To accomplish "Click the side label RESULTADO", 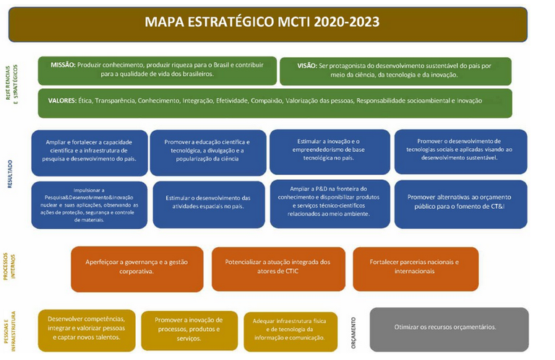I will click(x=11, y=175).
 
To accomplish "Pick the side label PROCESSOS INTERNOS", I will click(x=12, y=270).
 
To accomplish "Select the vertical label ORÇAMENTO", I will click(x=353, y=330).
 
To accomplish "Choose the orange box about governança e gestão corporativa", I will click(x=137, y=268).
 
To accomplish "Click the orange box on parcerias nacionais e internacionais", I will click(x=415, y=268).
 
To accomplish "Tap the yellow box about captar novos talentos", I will click(x=85, y=329).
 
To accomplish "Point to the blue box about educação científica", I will click(x=207, y=152).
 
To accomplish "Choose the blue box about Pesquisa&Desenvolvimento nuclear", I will click(x=89, y=202).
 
